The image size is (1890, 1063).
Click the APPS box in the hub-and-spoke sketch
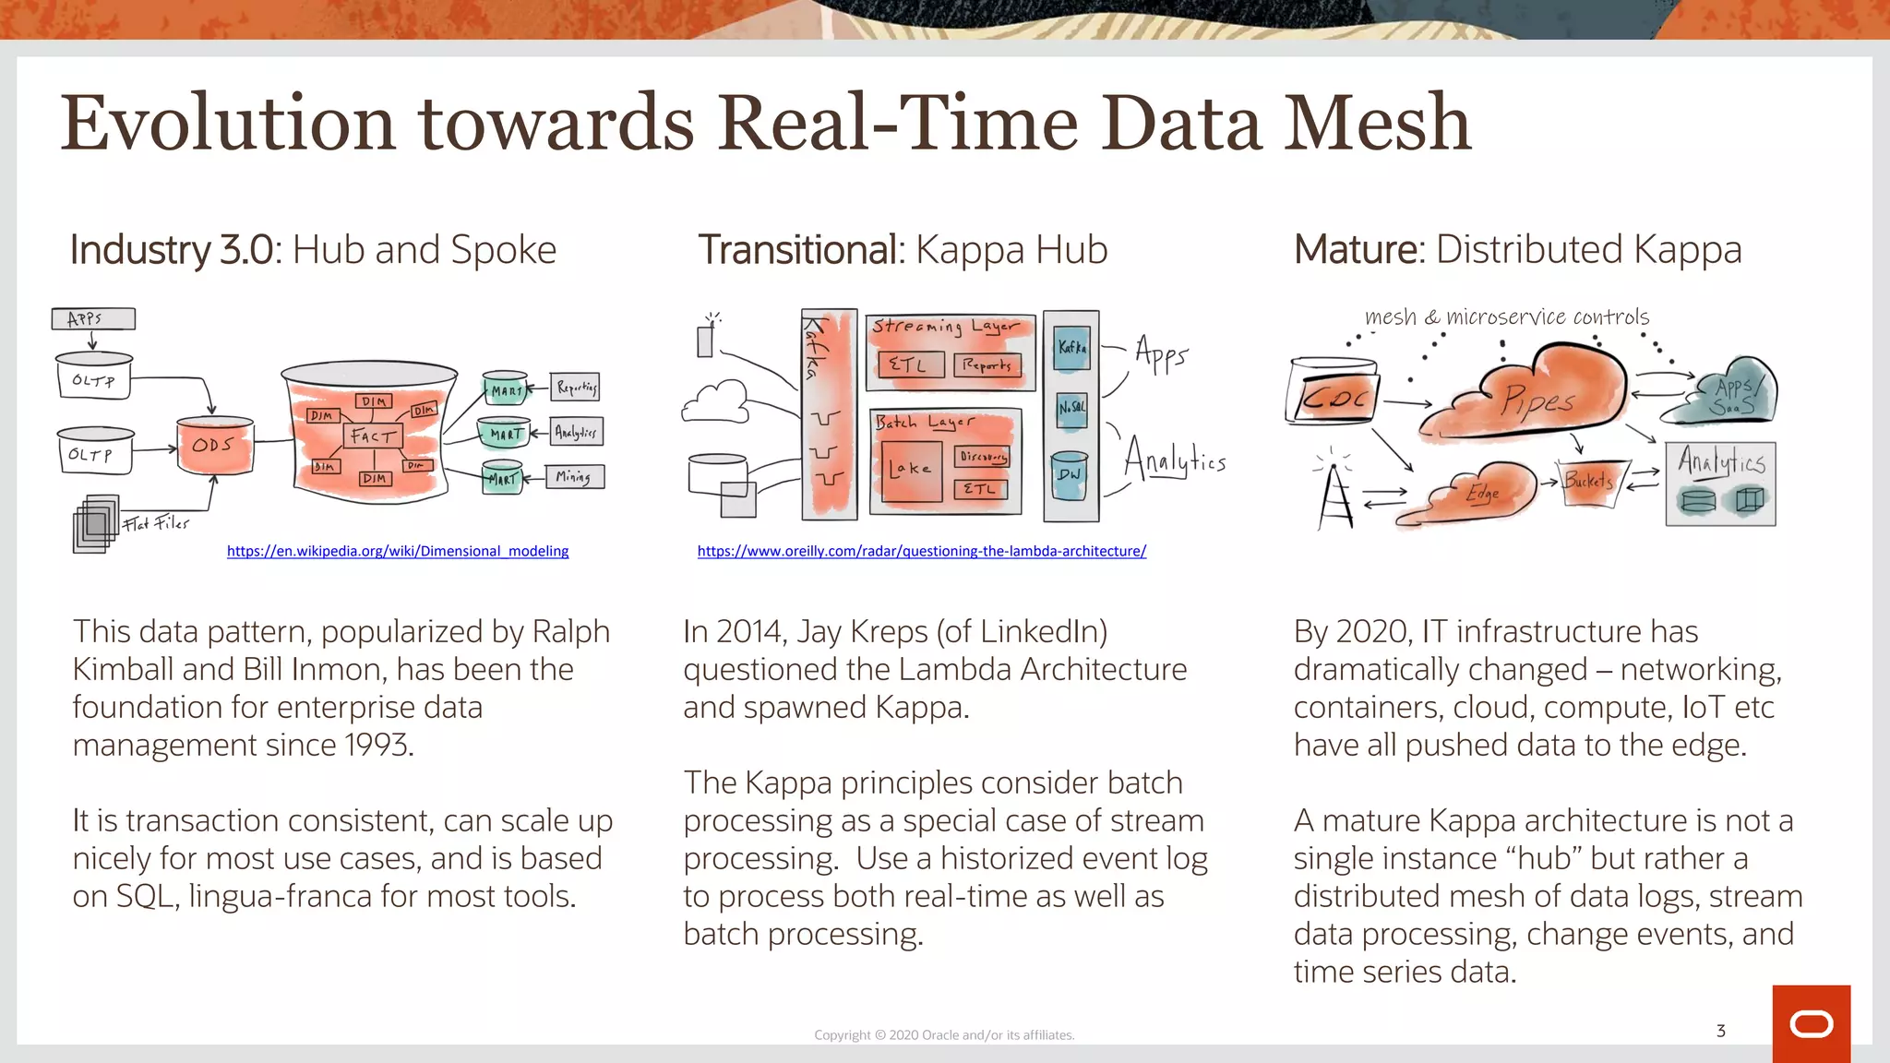pos(93,319)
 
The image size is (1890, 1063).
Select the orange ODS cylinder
pos(214,446)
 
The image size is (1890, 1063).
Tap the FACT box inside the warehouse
pos(373,436)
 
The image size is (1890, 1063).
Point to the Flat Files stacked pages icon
pos(95,524)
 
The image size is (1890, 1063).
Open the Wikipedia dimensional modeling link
pos(398,551)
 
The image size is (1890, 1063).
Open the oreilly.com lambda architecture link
pos(921,551)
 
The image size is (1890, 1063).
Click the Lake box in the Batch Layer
pos(910,471)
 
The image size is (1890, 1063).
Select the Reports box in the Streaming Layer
pos(987,365)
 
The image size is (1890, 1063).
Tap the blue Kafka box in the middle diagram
pos(1071,348)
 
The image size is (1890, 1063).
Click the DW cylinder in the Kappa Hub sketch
pos(1070,474)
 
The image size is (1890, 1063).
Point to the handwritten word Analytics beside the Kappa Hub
pos(1175,460)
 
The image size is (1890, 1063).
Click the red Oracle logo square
pos(1811,1023)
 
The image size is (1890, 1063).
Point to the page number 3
pos(1720,1031)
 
